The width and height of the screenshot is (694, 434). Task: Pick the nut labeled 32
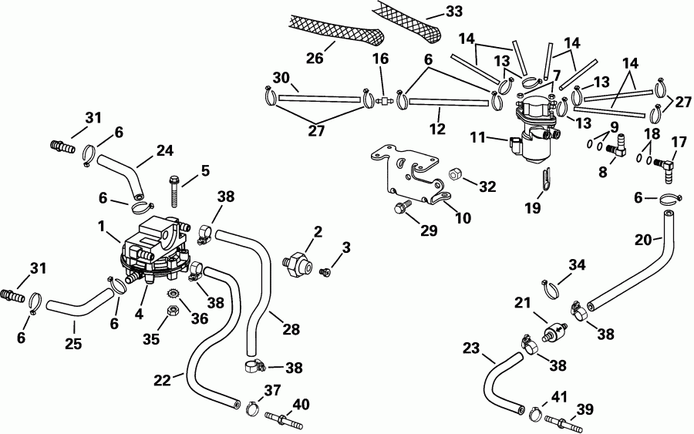pyautogui.click(x=456, y=177)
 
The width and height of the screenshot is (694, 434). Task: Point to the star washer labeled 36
pyautogui.click(x=173, y=294)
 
